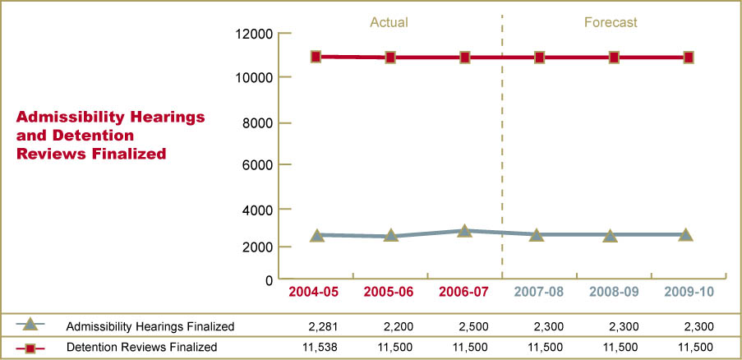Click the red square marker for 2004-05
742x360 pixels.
click(x=316, y=57)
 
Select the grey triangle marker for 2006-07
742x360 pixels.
click(x=465, y=231)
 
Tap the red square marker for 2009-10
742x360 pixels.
click(x=689, y=58)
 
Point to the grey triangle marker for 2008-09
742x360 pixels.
click(x=611, y=235)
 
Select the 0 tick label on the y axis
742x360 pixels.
click(x=268, y=280)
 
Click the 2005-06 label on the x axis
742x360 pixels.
click(x=389, y=292)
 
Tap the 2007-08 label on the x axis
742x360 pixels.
click(x=539, y=292)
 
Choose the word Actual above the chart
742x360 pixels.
click(x=389, y=22)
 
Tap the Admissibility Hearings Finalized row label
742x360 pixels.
click(x=150, y=327)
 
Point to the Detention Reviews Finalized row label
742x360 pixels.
click(x=142, y=348)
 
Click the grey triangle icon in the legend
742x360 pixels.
click(x=30, y=325)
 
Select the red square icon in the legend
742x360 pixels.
click(x=30, y=348)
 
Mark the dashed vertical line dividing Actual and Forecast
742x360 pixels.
click(x=501, y=148)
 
